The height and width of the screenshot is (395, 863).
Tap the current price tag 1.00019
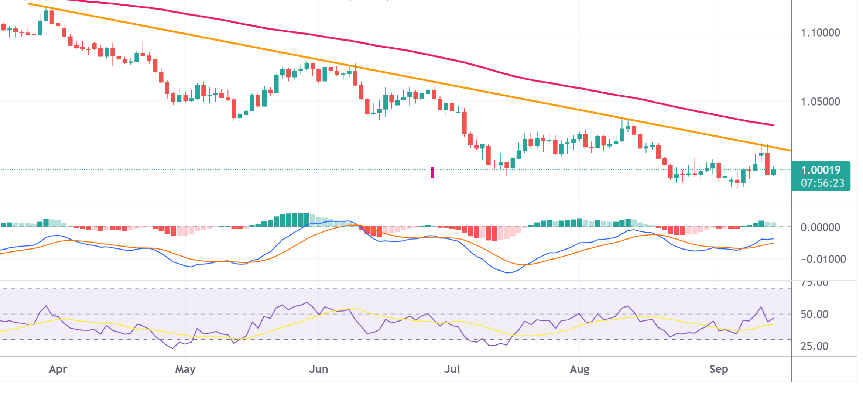tap(821, 170)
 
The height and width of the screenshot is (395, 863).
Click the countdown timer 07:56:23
tap(822, 183)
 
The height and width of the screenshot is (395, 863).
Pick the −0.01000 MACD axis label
tap(823, 260)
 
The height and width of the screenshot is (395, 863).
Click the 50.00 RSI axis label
tap(814, 315)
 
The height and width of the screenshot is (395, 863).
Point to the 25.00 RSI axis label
tap(814, 346)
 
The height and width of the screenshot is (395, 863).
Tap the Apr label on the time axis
tap(58, 369)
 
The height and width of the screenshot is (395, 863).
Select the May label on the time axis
tap(185, 369)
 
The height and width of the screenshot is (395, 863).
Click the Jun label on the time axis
tap(318, 369)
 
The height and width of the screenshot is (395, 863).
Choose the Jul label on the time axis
tap(452, 369)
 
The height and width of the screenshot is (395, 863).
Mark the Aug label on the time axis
tap(579, 369)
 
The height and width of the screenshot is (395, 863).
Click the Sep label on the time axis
tap(718, 369)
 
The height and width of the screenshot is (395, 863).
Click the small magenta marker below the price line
tap(432, 172)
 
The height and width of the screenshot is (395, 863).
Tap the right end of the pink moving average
tap(773, 125)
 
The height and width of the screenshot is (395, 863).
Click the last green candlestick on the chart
tap(773, 172)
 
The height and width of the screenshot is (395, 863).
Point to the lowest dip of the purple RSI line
tap(173, 348)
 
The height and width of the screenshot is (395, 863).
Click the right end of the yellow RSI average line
tap(773, 324)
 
